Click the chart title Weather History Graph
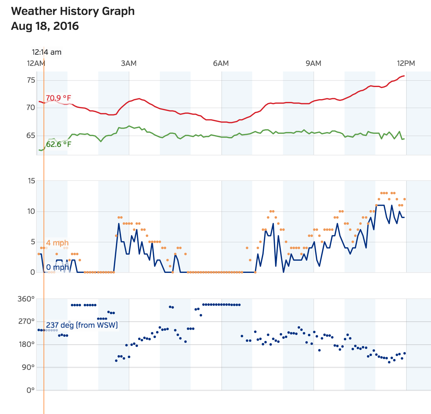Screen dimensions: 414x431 (x=73, y=11)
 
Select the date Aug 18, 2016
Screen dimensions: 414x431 (x=45, y=26)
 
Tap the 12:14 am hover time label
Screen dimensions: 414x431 (x=47, y=52)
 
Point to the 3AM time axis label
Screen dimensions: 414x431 (x=129, y=64)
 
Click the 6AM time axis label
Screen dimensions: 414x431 (x=221, y=64)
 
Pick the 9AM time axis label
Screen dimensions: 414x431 (x=313, y=64)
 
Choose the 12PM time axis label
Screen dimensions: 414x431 (x=406, y=64)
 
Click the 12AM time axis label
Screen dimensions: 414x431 (x=36, y=64)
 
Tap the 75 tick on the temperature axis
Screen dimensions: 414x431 (x=31, y=80)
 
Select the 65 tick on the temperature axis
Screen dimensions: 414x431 (x=31, y=136)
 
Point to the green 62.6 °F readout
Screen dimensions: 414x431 (x=58, y=144)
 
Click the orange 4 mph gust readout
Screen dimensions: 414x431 (x=57, y=243)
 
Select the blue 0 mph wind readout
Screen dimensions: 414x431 (x=58, y=267)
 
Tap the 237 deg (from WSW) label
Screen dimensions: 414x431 (x=82, y=325)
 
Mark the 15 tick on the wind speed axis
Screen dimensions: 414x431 (x=31, y=181)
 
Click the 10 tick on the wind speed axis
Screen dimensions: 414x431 (x=31, y=211)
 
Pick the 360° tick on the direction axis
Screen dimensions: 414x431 (x=26, y=299)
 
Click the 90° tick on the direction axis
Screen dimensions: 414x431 (x=28, y=367)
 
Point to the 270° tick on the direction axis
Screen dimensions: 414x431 (x=26, y=321)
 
